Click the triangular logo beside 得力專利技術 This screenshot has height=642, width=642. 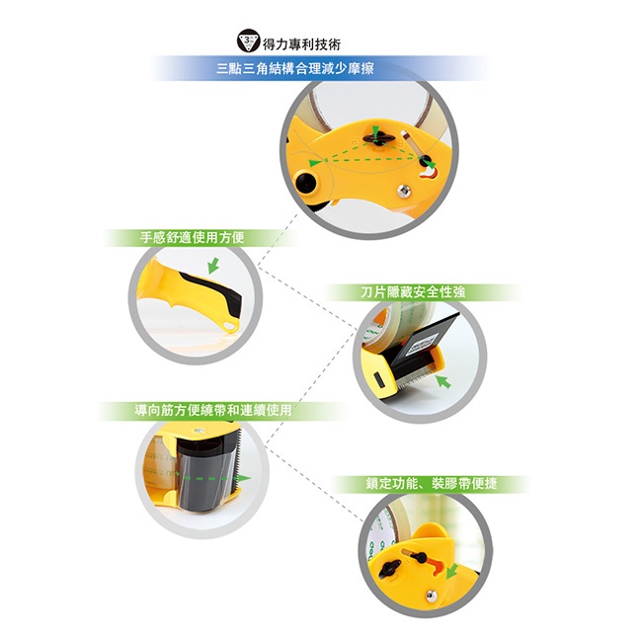click(249, 40)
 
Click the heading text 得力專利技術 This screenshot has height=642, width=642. click(302, 43)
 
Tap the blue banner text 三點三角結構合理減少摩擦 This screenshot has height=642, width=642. click(294, 68)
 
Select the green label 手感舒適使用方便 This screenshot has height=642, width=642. click(192, 237)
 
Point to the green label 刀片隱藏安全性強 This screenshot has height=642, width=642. click(413, 292)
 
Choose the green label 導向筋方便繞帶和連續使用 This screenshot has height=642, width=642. click(213, 410)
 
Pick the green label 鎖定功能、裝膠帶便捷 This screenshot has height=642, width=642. click(432, 484)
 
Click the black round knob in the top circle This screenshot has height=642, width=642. click(305, 182)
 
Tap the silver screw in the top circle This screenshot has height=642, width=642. click(404, 191)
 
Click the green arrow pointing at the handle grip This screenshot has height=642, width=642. click(213, 266)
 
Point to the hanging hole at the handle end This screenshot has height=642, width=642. click(230, 326)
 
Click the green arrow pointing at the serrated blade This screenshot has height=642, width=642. click(443, 381)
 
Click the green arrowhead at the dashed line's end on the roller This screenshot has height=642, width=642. click(244, 478)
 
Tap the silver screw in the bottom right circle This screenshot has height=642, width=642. click(432, 596)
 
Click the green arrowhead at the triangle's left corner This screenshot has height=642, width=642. click(314, 163)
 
